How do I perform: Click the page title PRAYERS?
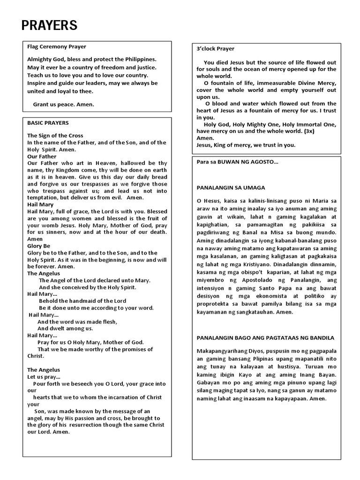[49, 25]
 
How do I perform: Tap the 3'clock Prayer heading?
[216, 49]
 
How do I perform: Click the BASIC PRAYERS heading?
[48, 123]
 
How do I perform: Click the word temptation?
[43, 198]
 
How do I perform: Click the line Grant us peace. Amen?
[63, 105]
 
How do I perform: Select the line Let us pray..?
[44, 377]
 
